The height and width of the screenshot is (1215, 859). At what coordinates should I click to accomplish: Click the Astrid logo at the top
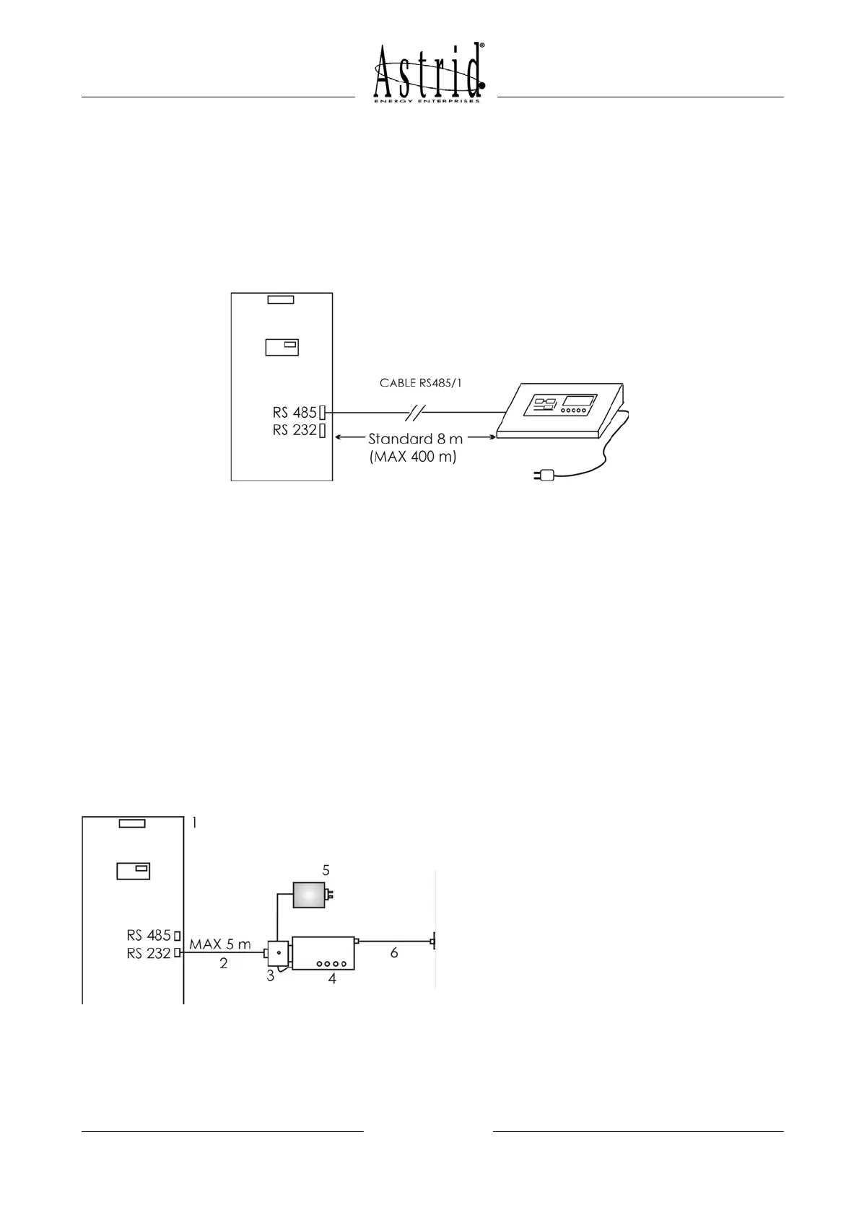coord(429,73)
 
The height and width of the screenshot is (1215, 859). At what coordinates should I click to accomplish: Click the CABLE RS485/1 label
coord(421,382)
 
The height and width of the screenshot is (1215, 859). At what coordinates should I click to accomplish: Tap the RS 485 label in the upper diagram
coord(295,413)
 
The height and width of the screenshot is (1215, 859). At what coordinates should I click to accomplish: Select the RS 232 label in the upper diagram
coord(295,431)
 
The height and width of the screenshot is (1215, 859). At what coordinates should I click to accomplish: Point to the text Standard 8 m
coord(416,439)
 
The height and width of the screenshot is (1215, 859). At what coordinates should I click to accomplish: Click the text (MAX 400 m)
coord(413,457)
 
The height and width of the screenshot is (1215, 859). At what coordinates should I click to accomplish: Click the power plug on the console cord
coord(542,475)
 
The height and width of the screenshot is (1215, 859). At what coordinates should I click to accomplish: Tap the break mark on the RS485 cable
coord(417,413)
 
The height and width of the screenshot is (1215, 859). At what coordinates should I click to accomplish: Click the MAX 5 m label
coord(220,944)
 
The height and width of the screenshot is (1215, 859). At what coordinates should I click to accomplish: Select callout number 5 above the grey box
coord(326,870)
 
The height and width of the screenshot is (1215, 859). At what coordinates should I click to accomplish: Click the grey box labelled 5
coord(308,895)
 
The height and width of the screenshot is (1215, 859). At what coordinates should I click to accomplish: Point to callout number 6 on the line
coord(394,953)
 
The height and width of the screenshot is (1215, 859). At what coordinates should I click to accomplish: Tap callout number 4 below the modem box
coord(332,979)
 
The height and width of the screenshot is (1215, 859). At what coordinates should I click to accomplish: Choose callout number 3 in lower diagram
coord(270,977)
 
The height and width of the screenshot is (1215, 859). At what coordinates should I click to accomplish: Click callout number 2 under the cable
coord(224,963)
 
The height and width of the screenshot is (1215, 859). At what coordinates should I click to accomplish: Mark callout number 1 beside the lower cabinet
coord(194,823)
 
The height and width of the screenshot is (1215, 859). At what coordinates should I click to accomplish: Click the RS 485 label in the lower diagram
coord(149,936)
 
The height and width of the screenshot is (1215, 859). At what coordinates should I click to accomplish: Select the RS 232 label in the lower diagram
coord(149,953)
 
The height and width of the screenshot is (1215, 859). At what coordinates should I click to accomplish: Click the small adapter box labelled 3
coord(278,952)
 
